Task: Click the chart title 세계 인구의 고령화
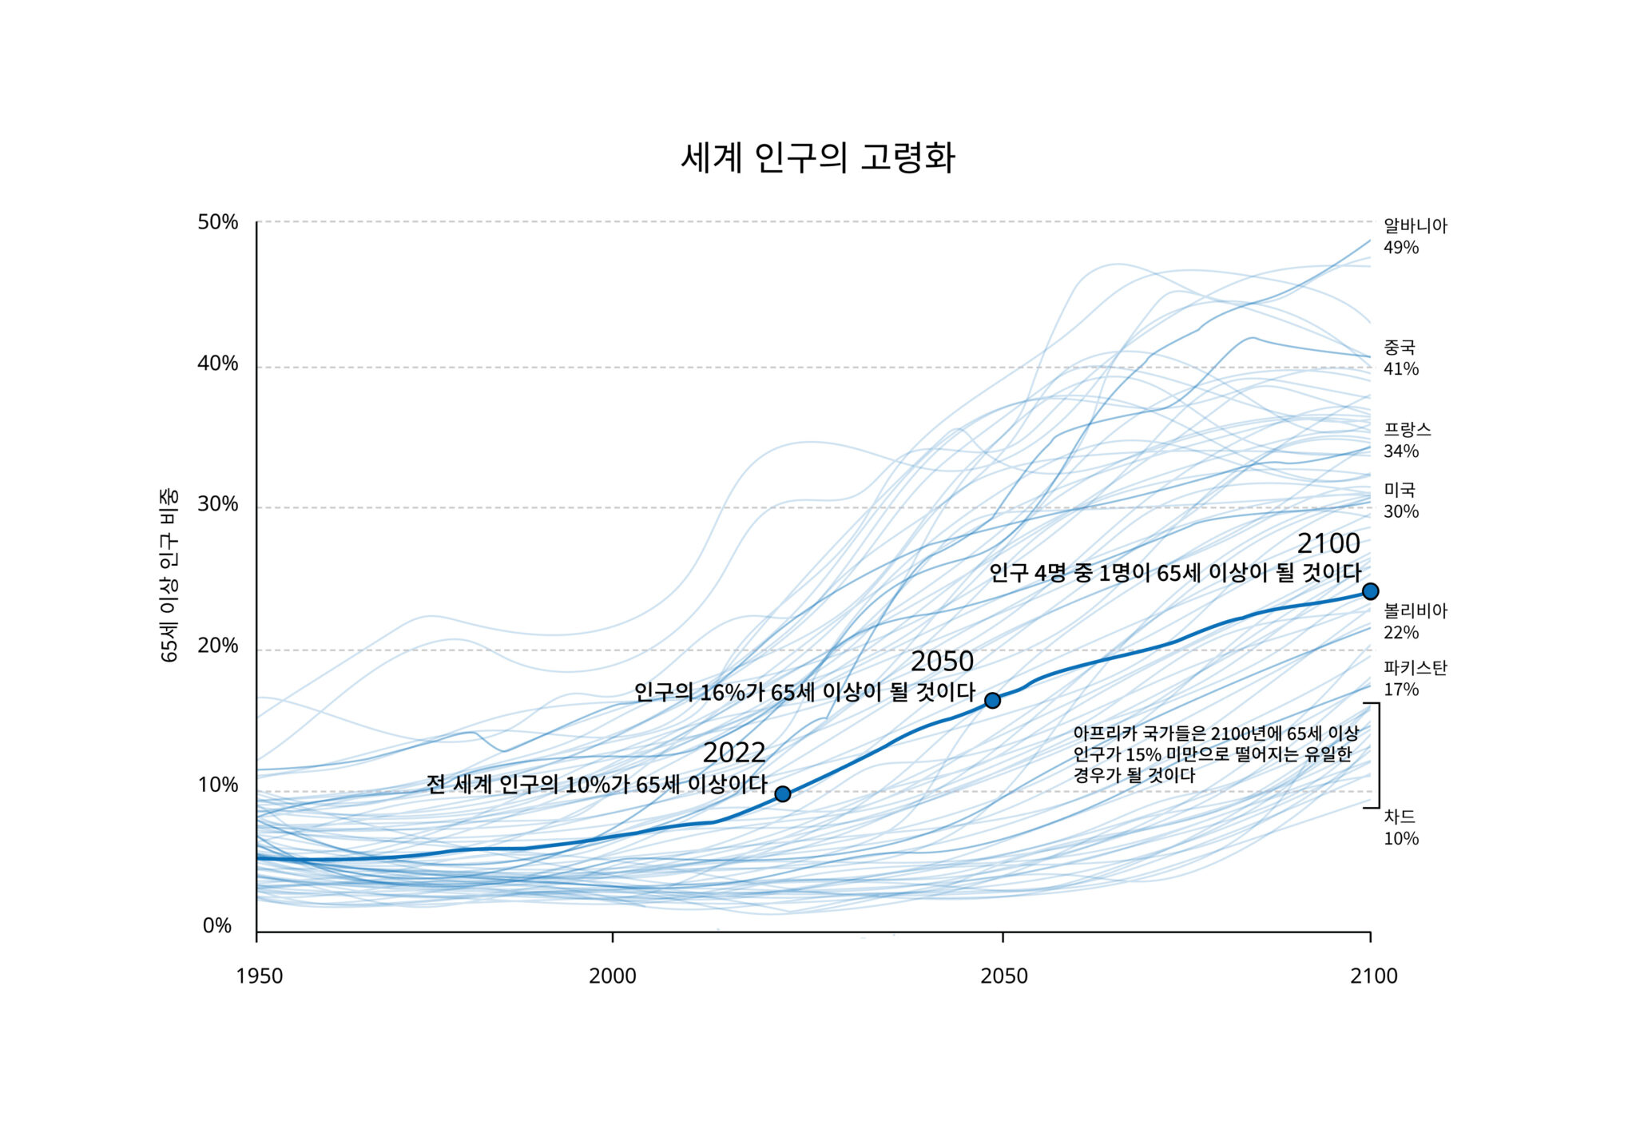(817, 157)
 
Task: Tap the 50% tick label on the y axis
(218, 222)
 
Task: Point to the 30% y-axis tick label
(218, 504)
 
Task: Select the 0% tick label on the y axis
(217, 925)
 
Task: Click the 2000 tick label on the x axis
(613, 976)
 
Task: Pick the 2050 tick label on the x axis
(1004, 976)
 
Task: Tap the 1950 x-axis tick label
(260, 976)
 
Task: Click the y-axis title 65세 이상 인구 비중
(169, 575)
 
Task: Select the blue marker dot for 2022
(783, 793)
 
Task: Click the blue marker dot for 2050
(992, 701)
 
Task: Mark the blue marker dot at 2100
(1370, 591)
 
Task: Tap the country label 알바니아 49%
(1415, 237)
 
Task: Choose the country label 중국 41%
(1401, 358)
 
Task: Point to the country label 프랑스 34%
(1407, 440)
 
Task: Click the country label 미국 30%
(1401, 500)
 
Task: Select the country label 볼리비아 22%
(1415, 622)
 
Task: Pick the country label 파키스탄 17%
(1415, 678)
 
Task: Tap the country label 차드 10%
(1401, 827)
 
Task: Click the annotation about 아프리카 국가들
(1214, 753)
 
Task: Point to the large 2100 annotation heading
(1328, 543)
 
